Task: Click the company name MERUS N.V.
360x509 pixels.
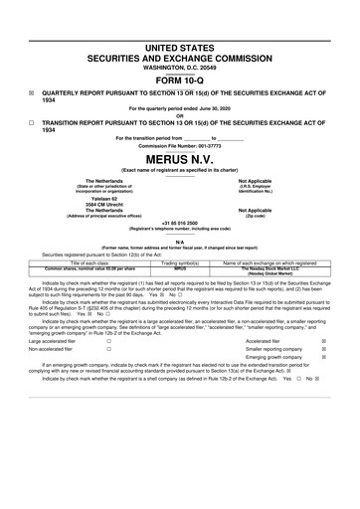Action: click(179, 158)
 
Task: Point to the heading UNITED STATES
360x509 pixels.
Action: click(179, 20)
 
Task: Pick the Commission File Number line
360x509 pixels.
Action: click(179, 146)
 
